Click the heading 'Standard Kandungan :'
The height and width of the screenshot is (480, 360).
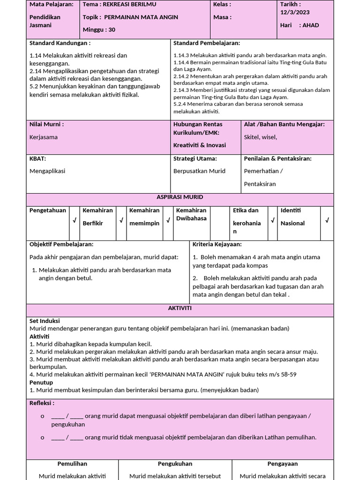tap(60, 43)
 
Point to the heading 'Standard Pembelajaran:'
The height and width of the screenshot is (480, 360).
tap(207, 43)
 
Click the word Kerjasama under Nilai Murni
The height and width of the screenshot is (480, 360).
tap(44, 137)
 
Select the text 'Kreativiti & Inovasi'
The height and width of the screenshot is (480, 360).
tap(200, 145)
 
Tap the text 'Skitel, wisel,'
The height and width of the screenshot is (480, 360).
tap(261, 137)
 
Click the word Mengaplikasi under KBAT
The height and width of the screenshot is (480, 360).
tap(47, 171)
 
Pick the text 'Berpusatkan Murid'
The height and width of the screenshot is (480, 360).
tap(199, 171)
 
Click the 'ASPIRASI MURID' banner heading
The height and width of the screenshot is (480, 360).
tap(180, 197)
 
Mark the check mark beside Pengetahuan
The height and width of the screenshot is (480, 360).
tap(74, 220)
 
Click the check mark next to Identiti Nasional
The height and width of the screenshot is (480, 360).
tap(327, 220)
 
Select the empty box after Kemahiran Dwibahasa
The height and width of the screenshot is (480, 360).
tap(219, 223)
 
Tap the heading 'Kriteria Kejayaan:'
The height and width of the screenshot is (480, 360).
tap(217, 245)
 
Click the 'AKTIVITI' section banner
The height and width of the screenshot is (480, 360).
tap(180, 308)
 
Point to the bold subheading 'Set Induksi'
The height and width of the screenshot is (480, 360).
tap(45, 321)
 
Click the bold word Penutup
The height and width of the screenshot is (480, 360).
tap(41, 382)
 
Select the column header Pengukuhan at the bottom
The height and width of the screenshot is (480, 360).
tap(175, 464)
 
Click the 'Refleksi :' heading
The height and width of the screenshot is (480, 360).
tap(42, 403)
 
